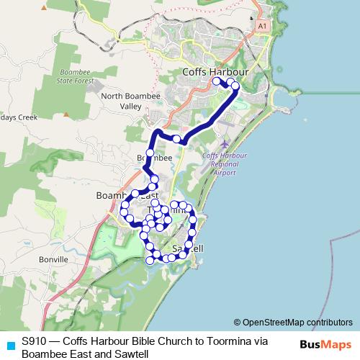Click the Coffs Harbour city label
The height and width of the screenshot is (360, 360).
point(215,72)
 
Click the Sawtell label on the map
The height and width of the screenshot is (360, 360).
point(189,249)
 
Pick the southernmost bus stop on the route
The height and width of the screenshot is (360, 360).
point(150,261)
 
